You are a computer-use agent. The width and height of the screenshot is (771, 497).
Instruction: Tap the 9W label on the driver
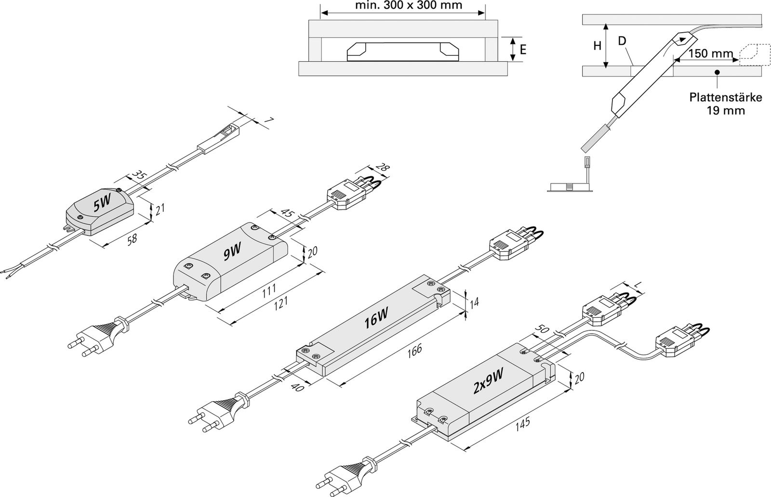(x=232, y=252)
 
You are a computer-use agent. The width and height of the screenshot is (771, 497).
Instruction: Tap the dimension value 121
(x=280, y=302)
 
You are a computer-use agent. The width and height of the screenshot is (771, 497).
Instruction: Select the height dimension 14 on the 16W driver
(x=474, y=302)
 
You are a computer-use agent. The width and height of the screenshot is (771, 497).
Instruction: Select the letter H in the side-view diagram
(x=597, y=46)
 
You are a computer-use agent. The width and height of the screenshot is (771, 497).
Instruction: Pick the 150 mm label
(x=710, y=53)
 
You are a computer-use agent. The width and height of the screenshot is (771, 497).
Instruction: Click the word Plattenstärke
(x=725, y=98)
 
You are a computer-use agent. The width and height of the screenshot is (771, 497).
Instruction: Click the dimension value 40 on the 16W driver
(x=297, y=387)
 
